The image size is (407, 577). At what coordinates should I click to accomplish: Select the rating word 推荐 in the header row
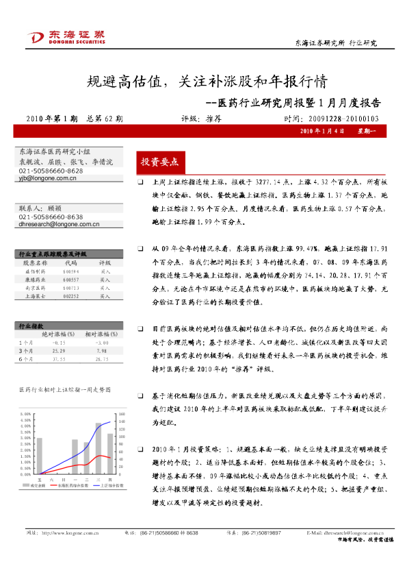click(213, 118)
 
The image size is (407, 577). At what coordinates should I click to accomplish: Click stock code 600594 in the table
click(71, 271)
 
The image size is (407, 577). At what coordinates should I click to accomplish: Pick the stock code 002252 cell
click(71, 296)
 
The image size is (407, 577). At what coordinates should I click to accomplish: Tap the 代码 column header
click(71, 262)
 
